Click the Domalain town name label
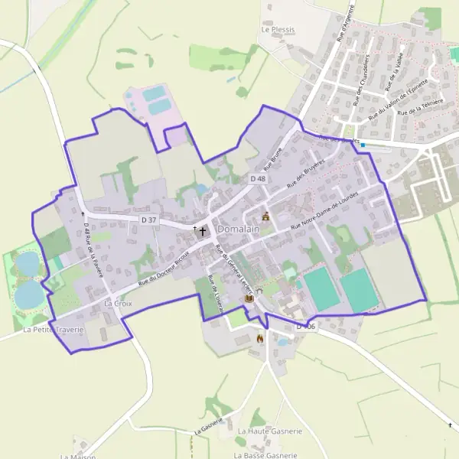239,229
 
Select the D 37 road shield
149,220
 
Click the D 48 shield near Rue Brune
258,178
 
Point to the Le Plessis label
278,31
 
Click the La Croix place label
119,304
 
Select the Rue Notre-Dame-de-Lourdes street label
336,214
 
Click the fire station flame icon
260,338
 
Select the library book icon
248,298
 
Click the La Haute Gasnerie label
269,431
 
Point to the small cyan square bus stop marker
364,145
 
